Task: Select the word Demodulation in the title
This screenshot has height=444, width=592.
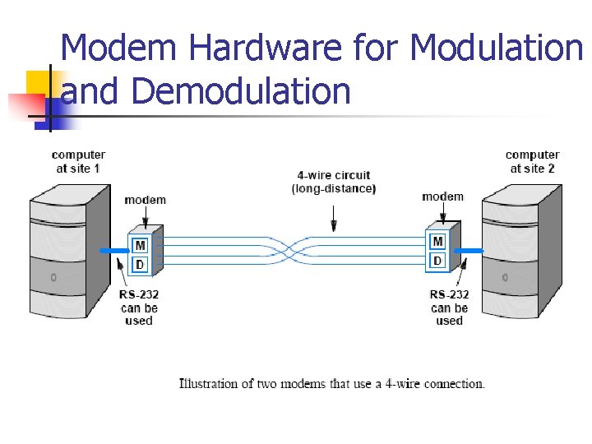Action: coord(240,90)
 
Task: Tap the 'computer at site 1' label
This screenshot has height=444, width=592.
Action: coord(78,161)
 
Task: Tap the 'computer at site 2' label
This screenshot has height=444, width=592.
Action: coord(532,161)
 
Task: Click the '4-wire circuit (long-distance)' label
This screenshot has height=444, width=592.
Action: coord(334,182)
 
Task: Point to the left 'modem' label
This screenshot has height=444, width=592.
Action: coord(145,200)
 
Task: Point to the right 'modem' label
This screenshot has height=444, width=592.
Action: coord(442,197)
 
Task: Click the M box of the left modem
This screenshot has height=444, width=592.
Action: coord(141,244)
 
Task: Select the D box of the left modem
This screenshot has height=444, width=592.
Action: coord(141,263)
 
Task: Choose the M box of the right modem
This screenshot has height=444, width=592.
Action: coord(437,242)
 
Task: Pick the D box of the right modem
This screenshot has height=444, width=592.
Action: coord(437,261)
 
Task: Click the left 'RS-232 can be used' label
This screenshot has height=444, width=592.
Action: coord(139,308)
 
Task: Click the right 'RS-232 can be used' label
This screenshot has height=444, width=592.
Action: coord(449,308)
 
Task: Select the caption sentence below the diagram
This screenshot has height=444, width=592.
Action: coord(332,384)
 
